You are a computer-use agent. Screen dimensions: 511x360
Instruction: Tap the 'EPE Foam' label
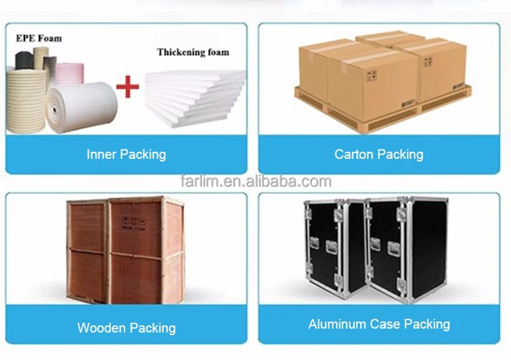[x=39, y=38]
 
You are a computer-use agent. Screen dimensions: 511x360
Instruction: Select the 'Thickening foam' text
[x=193, y=52]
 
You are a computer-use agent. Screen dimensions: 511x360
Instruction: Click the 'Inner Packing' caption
[x=126, y=154]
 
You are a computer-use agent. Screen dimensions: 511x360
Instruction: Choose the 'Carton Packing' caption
[x=379, y=154]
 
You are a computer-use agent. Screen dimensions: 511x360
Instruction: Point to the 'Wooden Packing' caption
[x=126, y=328]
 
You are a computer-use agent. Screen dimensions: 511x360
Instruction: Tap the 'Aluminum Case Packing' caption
[x=379, y=324]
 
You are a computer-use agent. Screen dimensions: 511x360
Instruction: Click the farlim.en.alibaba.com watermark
[x=255, y=182]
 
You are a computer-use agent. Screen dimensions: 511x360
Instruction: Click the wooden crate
[x=126, y=249]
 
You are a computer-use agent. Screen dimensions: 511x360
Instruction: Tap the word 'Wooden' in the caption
[x=102, y=328]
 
